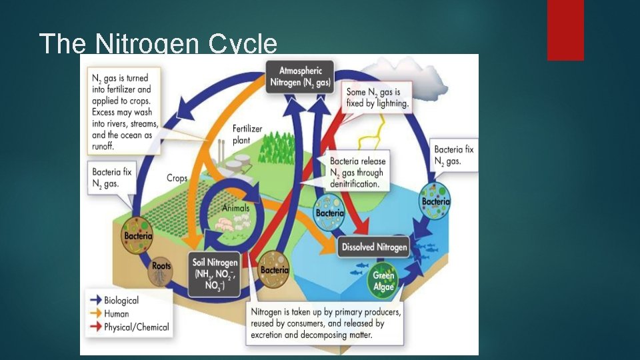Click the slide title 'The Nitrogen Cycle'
[x=158, y=43]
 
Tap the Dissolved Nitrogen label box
[x=374, y=247]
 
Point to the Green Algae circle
[x=383, y=281]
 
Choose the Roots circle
[x=161, y=269]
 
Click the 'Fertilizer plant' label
[x=247, y=134]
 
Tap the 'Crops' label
[x=177, y=178]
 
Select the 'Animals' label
[x=236, y=208]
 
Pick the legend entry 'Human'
[x=117, y=313]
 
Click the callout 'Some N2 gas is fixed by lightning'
[x=378, y=97]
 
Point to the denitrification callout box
[x=357, y=172]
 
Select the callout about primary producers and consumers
[x=325, y=323]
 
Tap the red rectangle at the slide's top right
[x=565, y=30]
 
